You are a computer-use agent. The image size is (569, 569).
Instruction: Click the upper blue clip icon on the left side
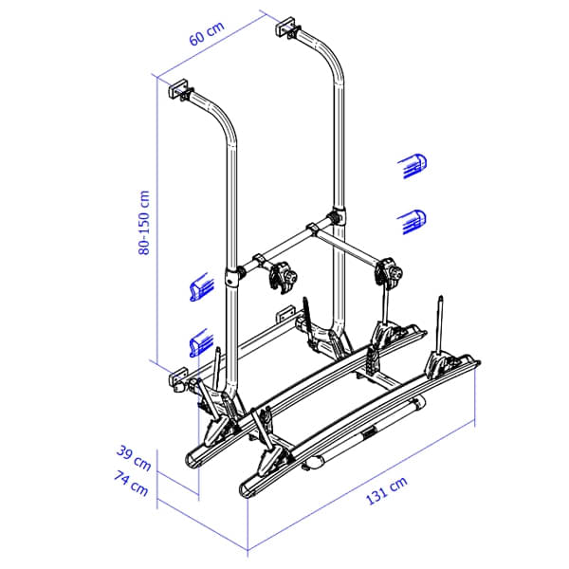click(x=198, y=287)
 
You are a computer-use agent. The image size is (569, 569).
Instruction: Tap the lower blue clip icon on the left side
click(x=198, y=340)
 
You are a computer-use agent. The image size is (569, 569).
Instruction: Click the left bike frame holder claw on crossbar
click(x=282, y=278)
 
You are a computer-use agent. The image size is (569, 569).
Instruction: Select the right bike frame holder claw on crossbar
click(x=391, y=272)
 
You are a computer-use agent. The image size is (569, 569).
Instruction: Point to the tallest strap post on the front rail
click(x=440, y=327)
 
